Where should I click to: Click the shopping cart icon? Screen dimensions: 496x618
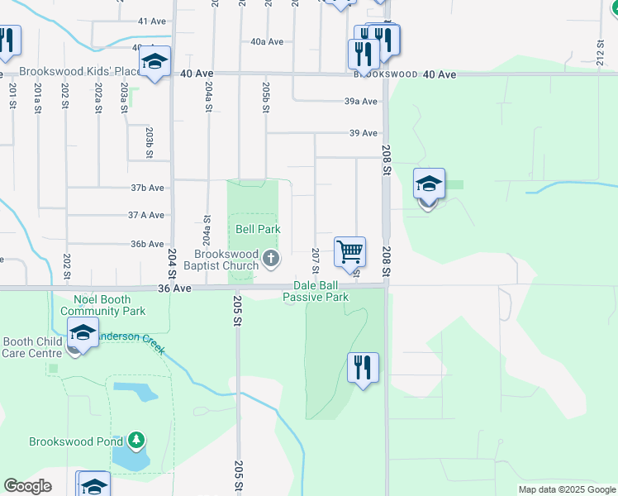point(350,250)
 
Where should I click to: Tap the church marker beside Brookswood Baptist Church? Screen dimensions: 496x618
point(270,261)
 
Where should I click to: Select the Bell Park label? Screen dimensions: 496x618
point(258,229)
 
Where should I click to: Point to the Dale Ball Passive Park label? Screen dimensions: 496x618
point(315,290)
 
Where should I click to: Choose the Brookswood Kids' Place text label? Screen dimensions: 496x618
point(76,73)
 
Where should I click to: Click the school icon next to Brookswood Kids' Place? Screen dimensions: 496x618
point(154,62)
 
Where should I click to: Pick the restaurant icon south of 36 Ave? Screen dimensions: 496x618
point(362,367)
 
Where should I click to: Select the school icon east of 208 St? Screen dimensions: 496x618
point(429,184)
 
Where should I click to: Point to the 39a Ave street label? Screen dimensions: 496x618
point(361,102)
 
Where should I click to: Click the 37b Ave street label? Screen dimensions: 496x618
point(146,188)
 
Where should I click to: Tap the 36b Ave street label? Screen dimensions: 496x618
point(146,244)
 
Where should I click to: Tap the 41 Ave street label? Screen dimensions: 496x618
point(154,21)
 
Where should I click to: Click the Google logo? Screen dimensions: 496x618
point(27,486)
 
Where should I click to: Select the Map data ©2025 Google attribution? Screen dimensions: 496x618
point(566,489)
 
